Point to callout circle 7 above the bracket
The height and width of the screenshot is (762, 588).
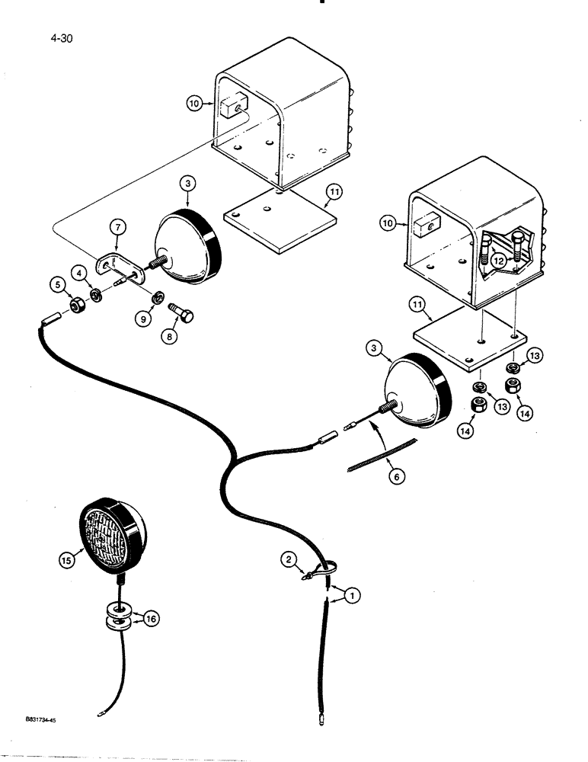[117, 228]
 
